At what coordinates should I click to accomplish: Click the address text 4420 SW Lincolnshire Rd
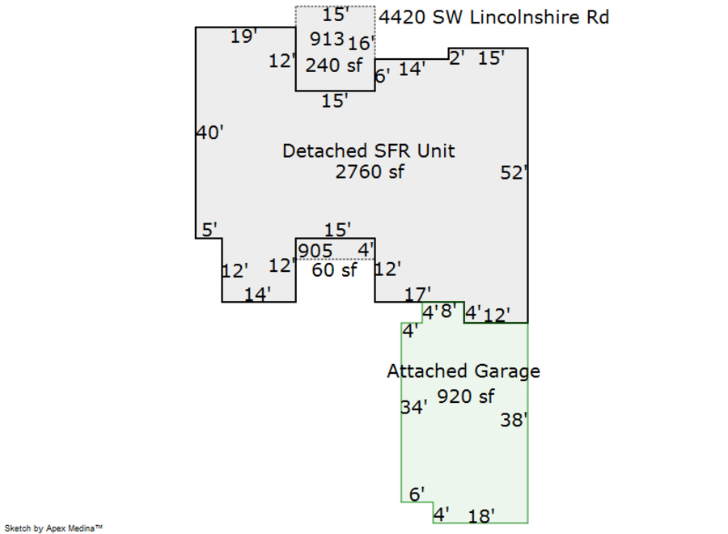click(x=493, y=17)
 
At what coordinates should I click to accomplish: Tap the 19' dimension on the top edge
click(x=243, y=36)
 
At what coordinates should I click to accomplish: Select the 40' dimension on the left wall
click(x=210, y=133)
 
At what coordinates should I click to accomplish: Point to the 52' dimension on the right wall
click(x=514, y=172)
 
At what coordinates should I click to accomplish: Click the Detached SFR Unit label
click(x=368, y=150)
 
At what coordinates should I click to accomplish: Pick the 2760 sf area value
click(x=369, y=172)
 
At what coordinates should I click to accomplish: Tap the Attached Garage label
click(x=463, y=371)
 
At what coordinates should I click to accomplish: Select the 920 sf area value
click(x=465, y=396)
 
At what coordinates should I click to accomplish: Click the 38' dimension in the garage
click(x=514, y=420)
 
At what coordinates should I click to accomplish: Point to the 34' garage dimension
click(x=413, y=408)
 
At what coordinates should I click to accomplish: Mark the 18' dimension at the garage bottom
click(x=481, y=515)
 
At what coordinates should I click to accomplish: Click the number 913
click(x=327, y=37)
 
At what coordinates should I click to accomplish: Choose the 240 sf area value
click(x=334, y=66)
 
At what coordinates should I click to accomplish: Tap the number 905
click(x=315, y=251)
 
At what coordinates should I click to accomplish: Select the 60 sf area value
click(x=334, y=270)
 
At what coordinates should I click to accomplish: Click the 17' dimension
click(x=418, y=293)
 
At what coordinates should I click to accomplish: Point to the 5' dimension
click(x=210, y=230)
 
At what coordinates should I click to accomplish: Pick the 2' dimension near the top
click(x=456, y=57)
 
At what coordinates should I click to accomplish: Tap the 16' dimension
click(x=362, y=43)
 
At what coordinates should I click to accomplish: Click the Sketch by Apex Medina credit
click(x=53, y=528)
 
